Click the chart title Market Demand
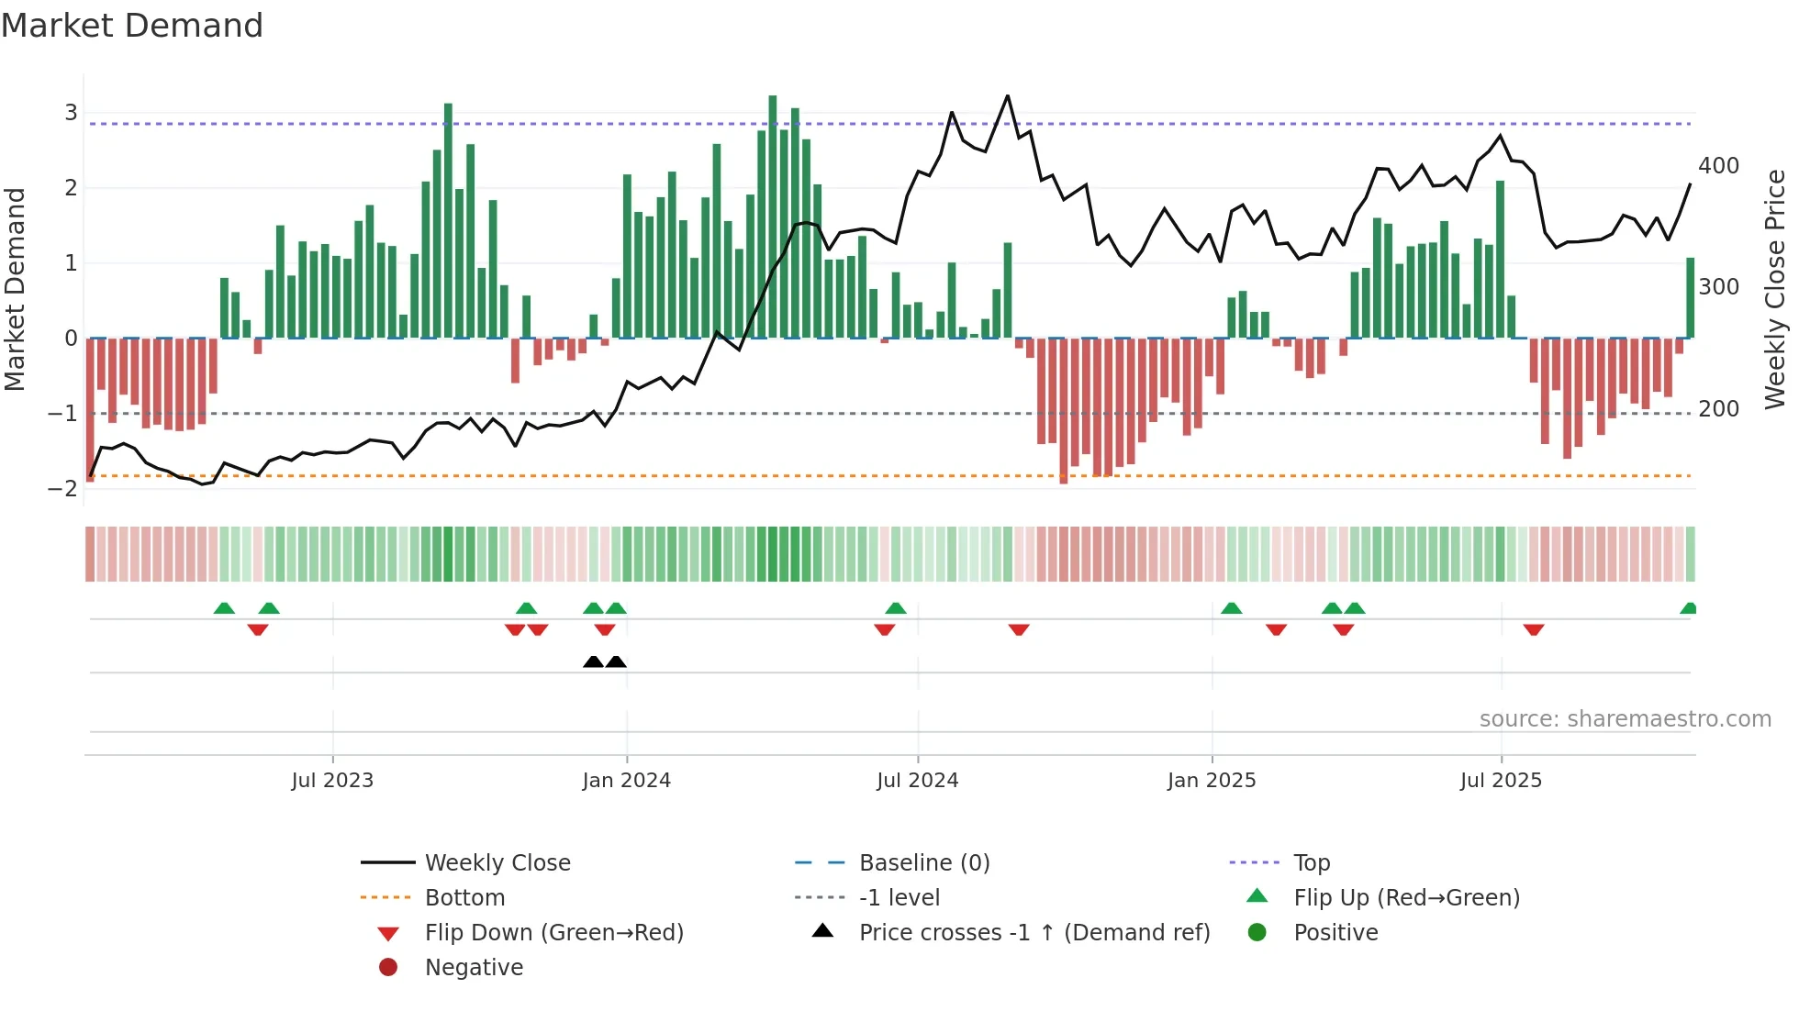132,26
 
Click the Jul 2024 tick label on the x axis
917,781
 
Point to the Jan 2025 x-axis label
1211,781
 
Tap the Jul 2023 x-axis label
332,781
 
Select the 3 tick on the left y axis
71,113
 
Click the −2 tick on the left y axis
63,488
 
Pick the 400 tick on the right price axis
1718,166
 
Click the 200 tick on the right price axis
1718,409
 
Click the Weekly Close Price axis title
1775,289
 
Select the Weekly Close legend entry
497,863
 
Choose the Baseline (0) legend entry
923,863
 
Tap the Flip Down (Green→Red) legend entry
553,933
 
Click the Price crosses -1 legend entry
1034,933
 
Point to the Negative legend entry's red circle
388,968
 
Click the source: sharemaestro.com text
1625,719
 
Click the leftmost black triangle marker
593,661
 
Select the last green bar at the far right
1690,298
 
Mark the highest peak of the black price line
1007,96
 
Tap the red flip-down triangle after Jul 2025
1533,629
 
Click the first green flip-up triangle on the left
224,608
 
